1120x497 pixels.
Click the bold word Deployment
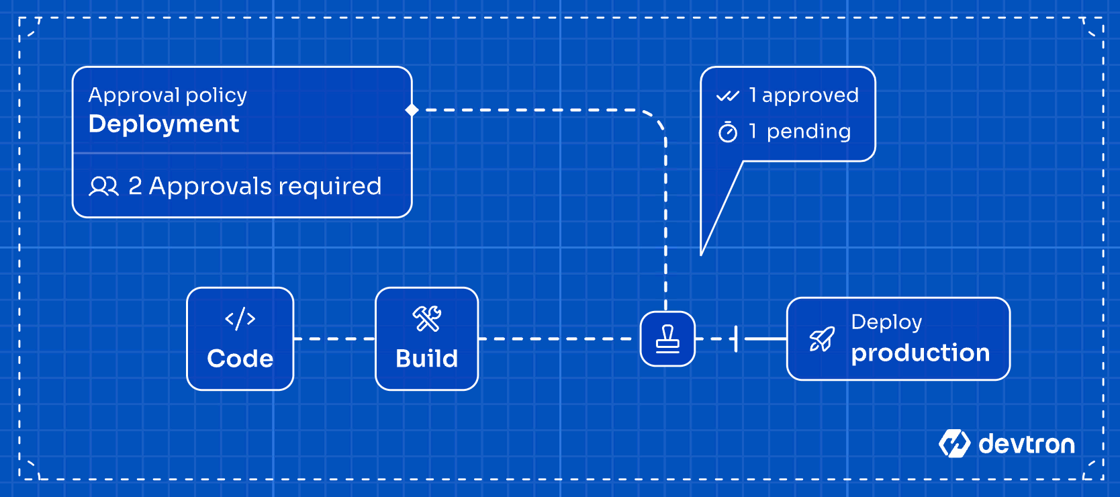tap(163, 124)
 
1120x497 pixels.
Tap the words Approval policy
tap(167, 95)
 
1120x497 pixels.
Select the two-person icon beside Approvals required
tap(103, 186)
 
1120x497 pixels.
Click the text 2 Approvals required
tap(254, 186)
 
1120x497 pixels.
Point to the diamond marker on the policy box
tap(412, 110)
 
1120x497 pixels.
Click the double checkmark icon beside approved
tap(727, 96)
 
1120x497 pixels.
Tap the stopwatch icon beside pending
tap(728, 132)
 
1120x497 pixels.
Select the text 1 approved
tap(803, 95)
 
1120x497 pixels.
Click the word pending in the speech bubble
tap(808, 132)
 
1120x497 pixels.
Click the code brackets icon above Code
tap(240, 318)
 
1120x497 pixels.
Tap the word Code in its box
tap(240, 359)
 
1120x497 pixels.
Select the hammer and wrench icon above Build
tap(426, 318)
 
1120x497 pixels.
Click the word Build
tap(426, 359)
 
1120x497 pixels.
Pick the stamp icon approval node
tap(667, 339)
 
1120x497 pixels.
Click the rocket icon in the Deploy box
tap(822, 339)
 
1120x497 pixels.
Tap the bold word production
tap(920, 353)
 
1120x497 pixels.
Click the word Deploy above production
tap(886, 322)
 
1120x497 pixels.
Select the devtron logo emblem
tap(954, 444)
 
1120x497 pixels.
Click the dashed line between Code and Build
tap(334, 339)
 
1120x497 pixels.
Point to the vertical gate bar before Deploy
tap(737, 339)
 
